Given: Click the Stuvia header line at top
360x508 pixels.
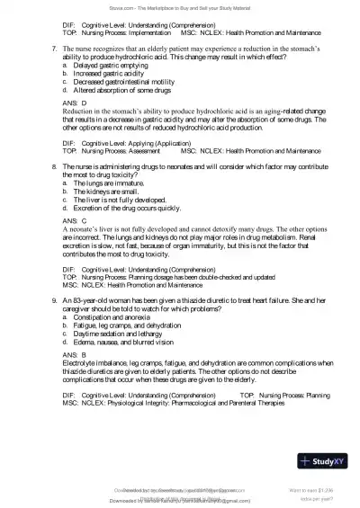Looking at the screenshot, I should (x=180, y=5).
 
